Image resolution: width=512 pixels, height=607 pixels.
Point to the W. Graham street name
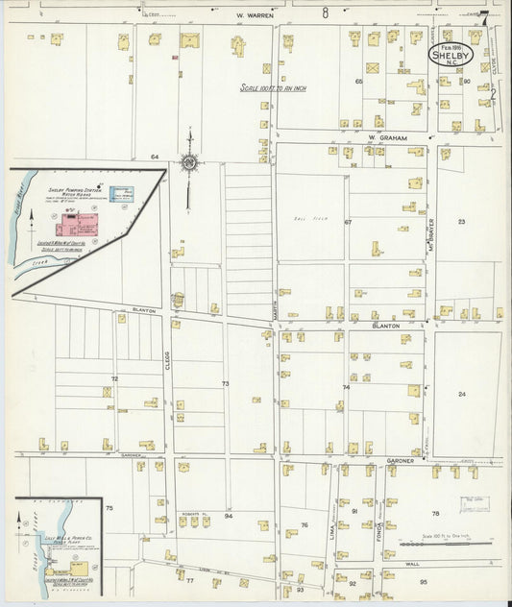click(x=388, y=138)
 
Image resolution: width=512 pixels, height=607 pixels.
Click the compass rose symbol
click(x=190, y=163)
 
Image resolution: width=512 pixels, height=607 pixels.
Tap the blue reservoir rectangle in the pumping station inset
click(x=122, y=194)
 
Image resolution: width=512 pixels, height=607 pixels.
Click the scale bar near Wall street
click(x=436, y=544)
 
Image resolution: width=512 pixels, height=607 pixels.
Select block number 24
click(x=462, y=394)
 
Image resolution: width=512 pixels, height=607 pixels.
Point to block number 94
click(x=229, y=516)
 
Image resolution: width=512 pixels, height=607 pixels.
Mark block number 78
click(x=435, y=513)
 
